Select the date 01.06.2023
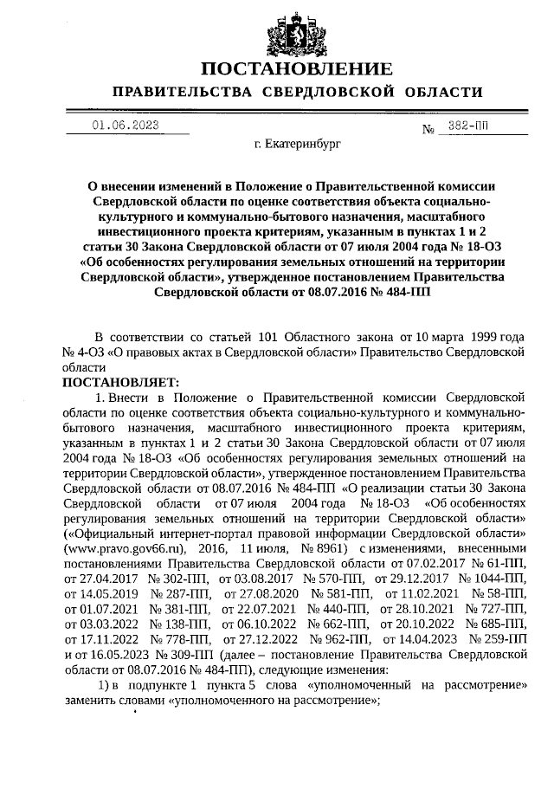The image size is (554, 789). pyautogui.click(x=126, y=125)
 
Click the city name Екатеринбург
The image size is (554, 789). pyautogui.click(x=298, y=146)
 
